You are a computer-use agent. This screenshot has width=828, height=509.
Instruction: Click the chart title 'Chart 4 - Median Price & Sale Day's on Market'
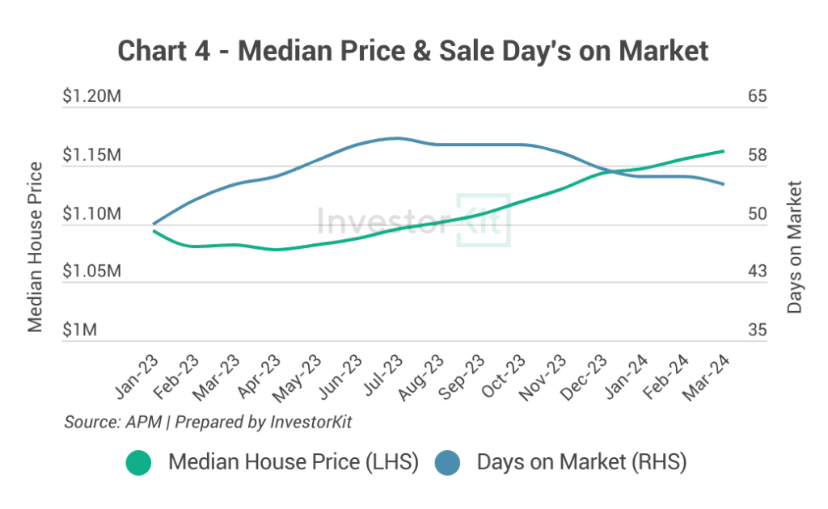click(413, 51)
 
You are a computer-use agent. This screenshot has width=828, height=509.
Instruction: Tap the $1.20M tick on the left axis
click(91, 97)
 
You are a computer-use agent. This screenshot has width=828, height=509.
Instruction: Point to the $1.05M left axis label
click(91, 271)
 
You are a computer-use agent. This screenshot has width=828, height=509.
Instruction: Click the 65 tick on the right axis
click(757, 97)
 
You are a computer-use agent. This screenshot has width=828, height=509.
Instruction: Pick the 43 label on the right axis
click(757, 271)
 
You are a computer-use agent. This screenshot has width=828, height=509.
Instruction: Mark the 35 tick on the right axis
click(757, 330)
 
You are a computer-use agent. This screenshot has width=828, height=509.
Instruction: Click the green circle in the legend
click(139, 463)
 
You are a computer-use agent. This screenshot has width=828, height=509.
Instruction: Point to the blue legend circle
click(447, 463)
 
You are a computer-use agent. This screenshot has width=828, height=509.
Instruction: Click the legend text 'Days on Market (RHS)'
click(581, 463)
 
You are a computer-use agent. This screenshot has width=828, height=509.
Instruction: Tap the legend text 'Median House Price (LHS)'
click(293, 463)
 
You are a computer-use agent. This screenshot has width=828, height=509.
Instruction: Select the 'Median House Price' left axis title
click(35, 247)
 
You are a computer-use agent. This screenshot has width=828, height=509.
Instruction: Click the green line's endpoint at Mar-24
click(723, 151)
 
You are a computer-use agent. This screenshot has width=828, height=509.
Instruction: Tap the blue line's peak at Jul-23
click(396, 138)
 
